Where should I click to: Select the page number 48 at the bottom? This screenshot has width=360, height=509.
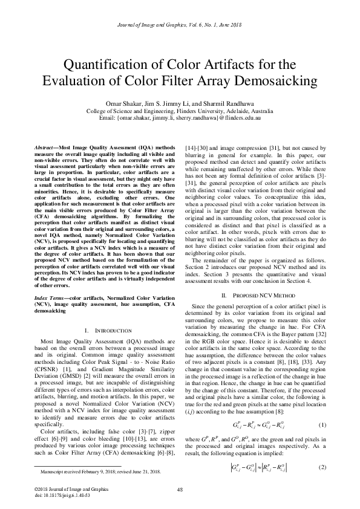[180, 490]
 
